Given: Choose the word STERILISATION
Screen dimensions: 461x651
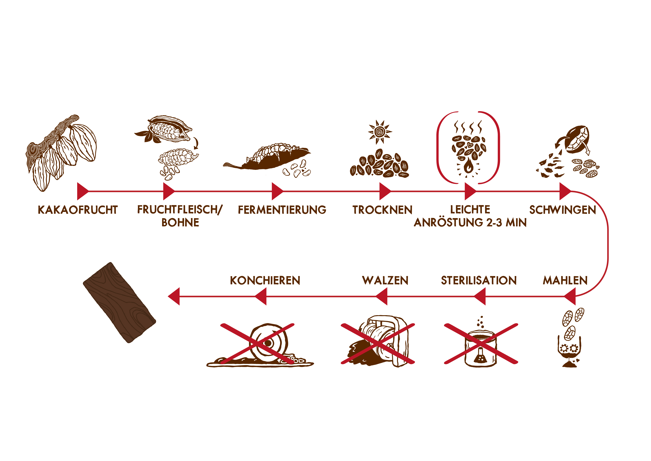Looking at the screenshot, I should tap(479, 280).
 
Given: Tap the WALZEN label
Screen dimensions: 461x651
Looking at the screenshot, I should tap(385, 280).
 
